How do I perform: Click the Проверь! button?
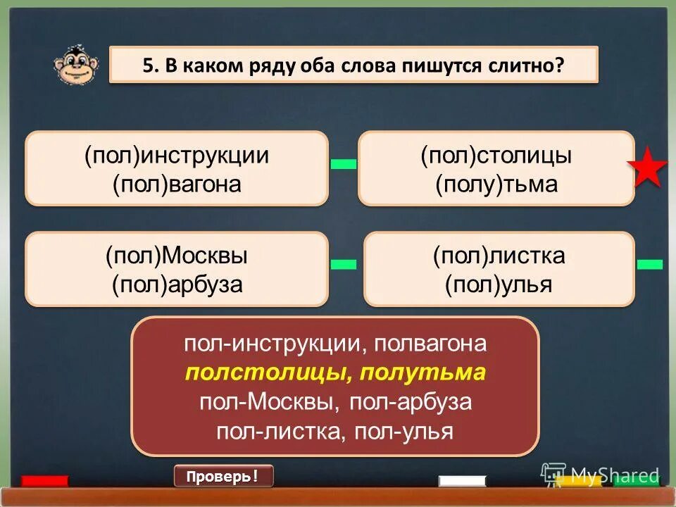[223, 477]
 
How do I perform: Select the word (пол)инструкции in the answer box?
[177, 156]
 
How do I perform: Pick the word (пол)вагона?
[177, 184]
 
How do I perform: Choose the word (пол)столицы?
[496, 156]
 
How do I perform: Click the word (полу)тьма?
[496, 184]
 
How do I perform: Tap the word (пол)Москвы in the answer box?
[177, 255]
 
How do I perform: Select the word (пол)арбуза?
[177, 284]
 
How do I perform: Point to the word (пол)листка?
[499, 255]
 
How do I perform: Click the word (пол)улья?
[499, 284]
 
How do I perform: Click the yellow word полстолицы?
[263, 373]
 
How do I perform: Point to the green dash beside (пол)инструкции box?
[344, 164]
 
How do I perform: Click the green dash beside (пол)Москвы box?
[344, 264]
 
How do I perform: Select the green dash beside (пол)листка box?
[650, 264]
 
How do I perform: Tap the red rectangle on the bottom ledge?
[44, 482]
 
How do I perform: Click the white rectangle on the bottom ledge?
[462, 482]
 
